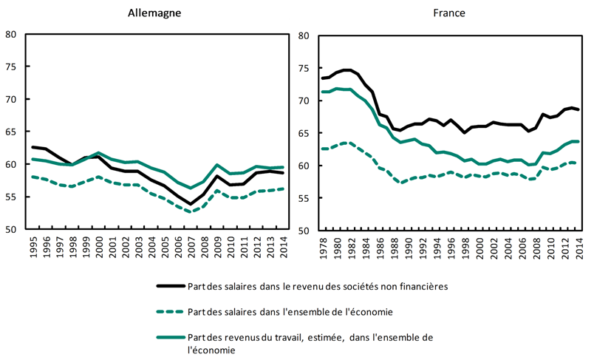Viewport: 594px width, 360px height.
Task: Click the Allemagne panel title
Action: point(154,13)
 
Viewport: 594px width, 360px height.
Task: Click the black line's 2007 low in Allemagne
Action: point(190,204)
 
